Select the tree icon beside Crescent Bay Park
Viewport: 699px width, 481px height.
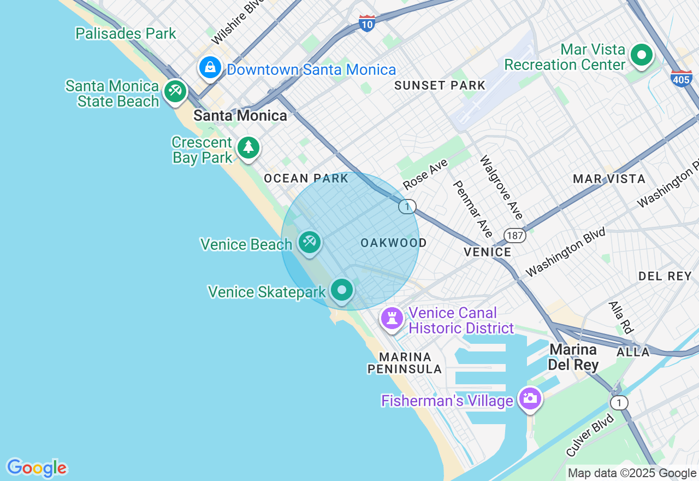(x=248, y=148)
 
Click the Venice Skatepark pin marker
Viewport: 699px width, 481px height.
(x=342, y=290)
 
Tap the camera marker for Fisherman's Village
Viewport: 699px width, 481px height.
(x=530, y=398)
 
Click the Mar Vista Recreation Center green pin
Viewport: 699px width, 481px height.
(x=642, y=55)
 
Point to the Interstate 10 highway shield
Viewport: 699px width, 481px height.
(x=367, y=24)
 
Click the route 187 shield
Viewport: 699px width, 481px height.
(x=514, y=236)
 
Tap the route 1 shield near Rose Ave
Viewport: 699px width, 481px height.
(x=407, y=207)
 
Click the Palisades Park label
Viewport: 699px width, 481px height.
(x=126, y=33)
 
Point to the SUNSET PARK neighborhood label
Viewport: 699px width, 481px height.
(x=440, y=85)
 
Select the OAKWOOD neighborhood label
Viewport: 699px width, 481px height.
(x=393, y=243)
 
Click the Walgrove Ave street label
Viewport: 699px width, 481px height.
(x=501, y=187)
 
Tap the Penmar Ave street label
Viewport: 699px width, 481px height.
(x=473, y=209)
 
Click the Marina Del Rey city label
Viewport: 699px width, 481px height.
(x=573, y=357)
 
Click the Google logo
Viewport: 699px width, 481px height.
(x=37, y=468)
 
